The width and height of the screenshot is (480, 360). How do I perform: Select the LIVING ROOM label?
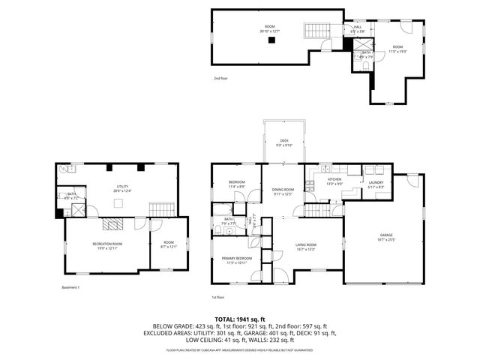pos(304,246)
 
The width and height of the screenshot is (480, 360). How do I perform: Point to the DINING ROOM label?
pos(283,191)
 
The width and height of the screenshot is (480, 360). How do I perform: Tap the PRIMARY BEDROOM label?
pos(235,260)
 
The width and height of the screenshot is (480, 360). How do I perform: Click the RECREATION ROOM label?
pos(106,245)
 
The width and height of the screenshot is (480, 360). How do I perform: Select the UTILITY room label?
pos(122,189)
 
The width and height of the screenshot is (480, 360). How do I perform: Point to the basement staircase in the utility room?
pos(162,208)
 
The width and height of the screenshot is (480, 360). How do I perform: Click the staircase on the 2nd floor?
pos(316,31)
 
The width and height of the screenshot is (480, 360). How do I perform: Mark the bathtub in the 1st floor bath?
pos(226,231)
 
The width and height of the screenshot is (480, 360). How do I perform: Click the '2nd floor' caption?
pos(220,77)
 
